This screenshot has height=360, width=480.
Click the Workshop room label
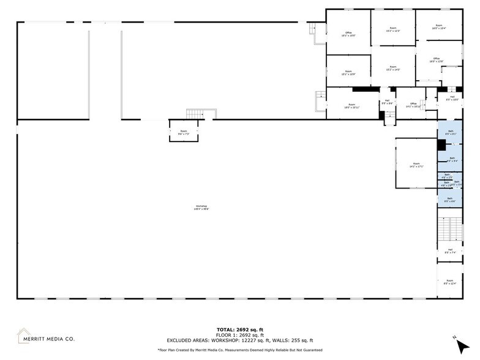coord(201,207)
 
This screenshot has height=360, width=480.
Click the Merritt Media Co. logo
coord(46,336)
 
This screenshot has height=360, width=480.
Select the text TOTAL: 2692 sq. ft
coord(239,330)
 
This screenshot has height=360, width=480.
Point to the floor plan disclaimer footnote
coord(239,350)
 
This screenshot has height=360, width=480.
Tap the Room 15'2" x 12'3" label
coord(393,29)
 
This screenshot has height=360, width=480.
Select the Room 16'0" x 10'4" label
coord(438,27)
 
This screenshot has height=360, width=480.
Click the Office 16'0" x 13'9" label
coord(436,60)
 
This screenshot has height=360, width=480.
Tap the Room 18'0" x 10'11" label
coord(351,106)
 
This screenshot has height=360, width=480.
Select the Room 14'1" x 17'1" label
coord(416,165)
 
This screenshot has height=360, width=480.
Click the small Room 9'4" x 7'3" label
coord(184,132)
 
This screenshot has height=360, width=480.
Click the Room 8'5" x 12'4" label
coord(449,282)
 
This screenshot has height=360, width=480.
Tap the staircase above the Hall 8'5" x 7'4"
coord(449,230)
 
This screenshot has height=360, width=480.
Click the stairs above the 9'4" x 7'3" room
coord(195,114)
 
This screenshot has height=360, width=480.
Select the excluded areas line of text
coord(239,340)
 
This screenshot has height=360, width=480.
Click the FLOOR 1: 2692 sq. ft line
coord(239,335)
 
